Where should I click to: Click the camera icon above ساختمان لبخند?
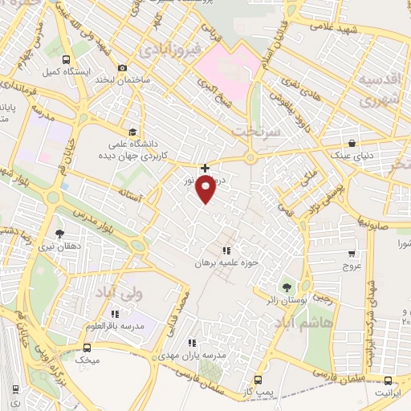pos(121,68)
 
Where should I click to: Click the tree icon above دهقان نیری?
pos(60,234)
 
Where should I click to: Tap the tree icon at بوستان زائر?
pos(286,287)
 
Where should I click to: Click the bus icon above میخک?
pos(87,348)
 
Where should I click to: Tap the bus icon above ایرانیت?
pos(389,381)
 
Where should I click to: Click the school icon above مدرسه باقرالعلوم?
pos(116,314)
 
